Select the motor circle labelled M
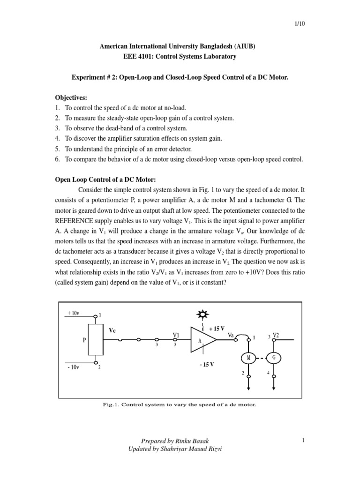pos(248,359)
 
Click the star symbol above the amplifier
pos(202,314)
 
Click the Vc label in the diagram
pos(112,330)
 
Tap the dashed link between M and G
pos(261,359)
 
